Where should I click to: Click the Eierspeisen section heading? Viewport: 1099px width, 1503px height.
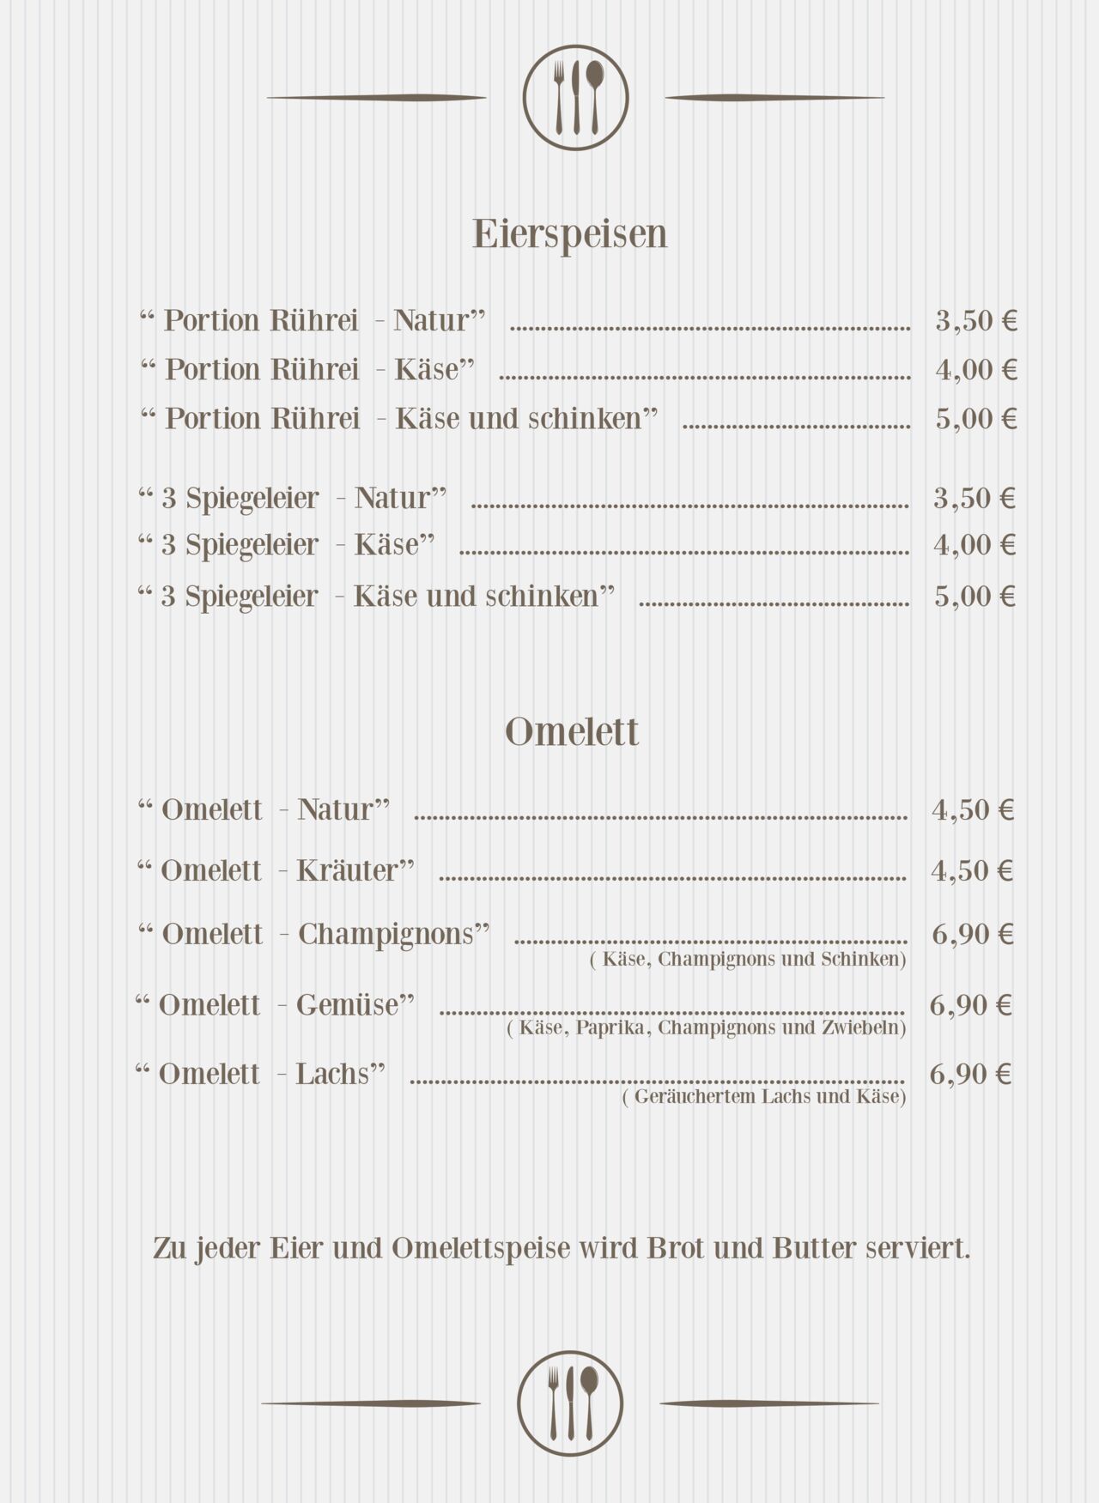click(x=570, y=234)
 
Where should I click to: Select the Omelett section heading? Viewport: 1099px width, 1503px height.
click(x=572, y=732)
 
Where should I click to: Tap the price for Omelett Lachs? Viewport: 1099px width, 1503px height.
click(x=970, y=1074)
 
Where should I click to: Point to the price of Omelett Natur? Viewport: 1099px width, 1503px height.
click(x=973, y=809)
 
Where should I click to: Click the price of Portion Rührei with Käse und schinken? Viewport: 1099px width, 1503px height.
click(x=976, y=419)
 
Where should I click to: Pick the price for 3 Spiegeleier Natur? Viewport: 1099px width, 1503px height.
click(x=975, y=498)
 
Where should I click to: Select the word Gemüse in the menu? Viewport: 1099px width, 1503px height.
click(x=349, y=1004)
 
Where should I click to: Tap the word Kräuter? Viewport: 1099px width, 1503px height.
click(x=348, y=870)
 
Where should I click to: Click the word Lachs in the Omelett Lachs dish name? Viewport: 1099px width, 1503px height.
click(x=332, y=1074)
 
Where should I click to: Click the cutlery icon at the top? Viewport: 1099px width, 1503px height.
click(x=575, y=98)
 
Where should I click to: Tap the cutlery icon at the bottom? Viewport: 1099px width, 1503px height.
click(x=570, y=1403)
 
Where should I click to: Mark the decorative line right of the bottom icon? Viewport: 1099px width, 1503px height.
click(x=768, y=1403)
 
